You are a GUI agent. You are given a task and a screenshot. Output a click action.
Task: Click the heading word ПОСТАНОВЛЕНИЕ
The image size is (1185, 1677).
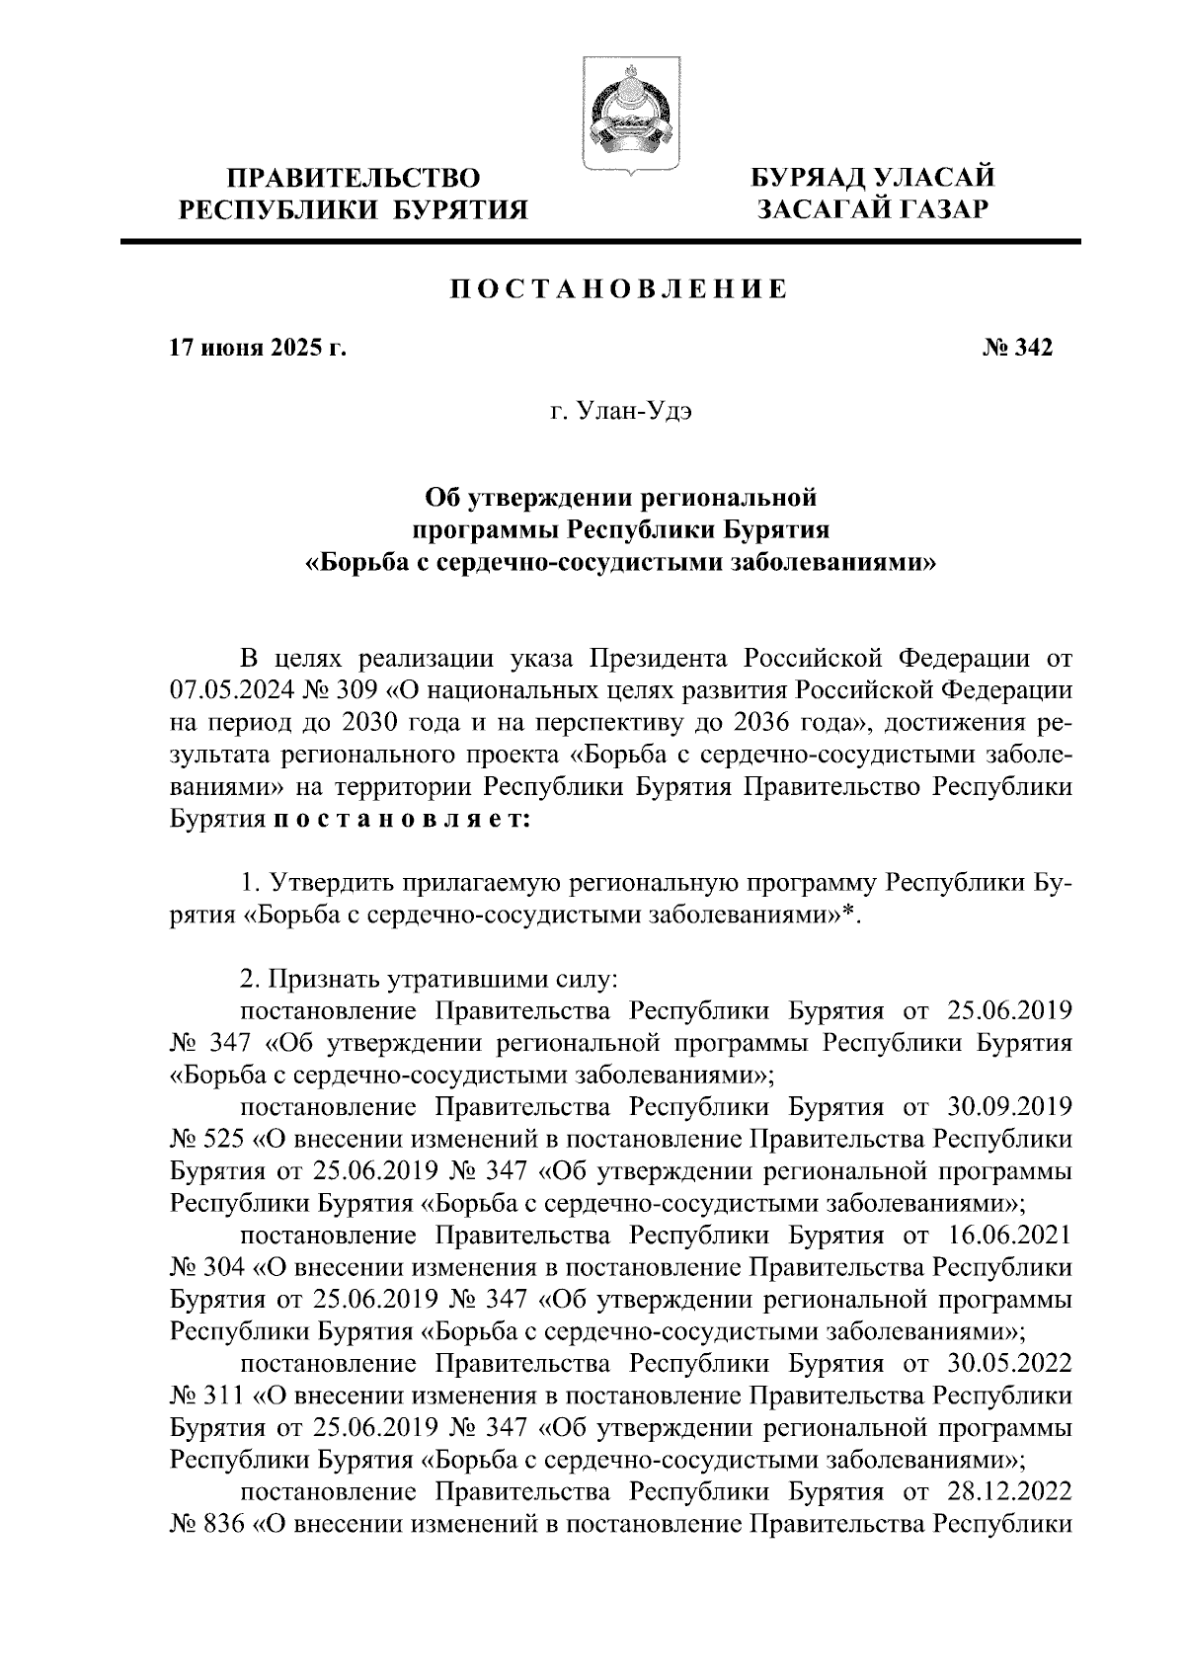[x=618, y=290]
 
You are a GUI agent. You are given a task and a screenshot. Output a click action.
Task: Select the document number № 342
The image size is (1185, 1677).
[x=1018, y=349]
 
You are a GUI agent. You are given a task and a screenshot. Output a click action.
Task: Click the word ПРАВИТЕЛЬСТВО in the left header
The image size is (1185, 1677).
[x=355, y=179]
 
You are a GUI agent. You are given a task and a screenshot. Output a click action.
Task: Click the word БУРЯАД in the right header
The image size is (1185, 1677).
[x=813, y=179]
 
